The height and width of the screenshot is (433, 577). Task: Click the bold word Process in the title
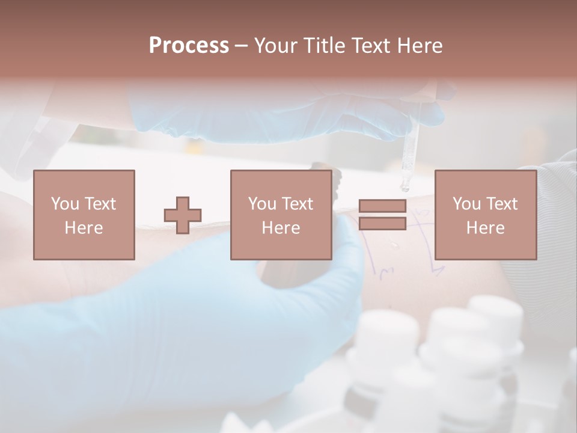pyautogui.click(x=189, y=46)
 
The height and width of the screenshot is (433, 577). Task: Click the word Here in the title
pyautogui.click(x=420, y=46)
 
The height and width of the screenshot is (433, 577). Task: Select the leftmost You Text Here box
pyautogui.click(x=84, y=215)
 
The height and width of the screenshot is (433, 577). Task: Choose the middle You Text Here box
pyautogui.click(x=281, y=215)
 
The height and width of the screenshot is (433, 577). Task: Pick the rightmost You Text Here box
pyautogui.click(x=485, y=215)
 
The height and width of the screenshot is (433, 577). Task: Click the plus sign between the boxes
pyautogui.click(x=183, y=215)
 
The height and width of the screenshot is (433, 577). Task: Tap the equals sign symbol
pyautogui.click(x=382, y=215)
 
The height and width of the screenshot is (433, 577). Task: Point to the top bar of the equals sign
pyautogui.click(x=382, y=206)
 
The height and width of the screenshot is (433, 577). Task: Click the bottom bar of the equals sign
pyautogui.click(x=382, y=224)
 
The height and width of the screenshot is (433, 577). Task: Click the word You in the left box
pyautogui.click(x=64, y=204)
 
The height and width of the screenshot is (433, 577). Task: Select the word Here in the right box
pyautogui.click(x=485, y=228)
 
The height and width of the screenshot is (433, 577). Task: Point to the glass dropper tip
pyautogui.click(x=405, y=188)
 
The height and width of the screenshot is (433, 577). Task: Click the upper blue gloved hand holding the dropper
pyautogui.click(x=288, y=114)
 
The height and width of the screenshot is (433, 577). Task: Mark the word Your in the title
pyautogui.click(x=275, y=46)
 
